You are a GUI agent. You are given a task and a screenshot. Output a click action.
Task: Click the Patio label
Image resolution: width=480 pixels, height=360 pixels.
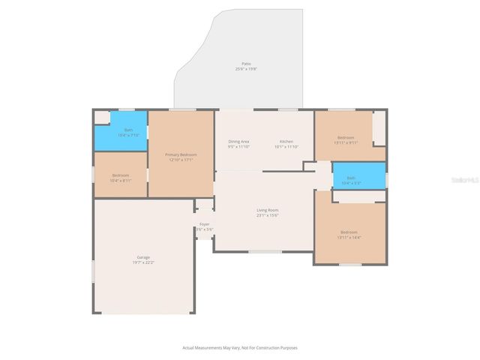tap(246, 64)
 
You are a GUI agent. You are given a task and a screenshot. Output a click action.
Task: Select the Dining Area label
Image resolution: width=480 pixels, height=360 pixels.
tap(238, 142)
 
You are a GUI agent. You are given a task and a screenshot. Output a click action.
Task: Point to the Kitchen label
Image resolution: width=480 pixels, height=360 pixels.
tap(286, 142)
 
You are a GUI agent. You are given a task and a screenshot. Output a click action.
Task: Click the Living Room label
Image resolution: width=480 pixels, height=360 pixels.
tap(268, 210)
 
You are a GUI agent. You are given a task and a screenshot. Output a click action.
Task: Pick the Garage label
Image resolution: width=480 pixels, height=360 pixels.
tap(143, 257)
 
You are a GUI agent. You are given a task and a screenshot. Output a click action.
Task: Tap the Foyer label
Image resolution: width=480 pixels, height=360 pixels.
tap(204, 224)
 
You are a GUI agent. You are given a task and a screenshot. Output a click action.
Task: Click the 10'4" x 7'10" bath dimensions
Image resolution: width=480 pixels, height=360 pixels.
tap(129, 136)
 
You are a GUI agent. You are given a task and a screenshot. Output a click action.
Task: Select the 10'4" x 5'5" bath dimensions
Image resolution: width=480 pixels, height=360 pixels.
tap(351, 183)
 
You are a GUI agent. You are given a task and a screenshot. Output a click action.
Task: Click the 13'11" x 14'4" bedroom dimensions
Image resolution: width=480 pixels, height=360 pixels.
tap(349, 237)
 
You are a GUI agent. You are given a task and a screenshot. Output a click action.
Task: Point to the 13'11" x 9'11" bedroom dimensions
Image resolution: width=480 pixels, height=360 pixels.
tap(345, 142)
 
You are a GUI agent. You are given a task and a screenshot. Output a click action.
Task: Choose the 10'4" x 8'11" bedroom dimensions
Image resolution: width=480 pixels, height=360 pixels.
tap(121, 181)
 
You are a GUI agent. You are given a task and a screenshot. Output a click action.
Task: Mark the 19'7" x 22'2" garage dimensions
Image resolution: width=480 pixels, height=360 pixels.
tap(143, 262)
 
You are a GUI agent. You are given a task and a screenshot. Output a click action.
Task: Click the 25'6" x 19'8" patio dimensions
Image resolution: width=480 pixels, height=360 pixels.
tap(246, 69)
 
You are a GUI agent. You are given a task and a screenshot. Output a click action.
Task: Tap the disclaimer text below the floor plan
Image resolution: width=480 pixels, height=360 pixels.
tap(240, 347)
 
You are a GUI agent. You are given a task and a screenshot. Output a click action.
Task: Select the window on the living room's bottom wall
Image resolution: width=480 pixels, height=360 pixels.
tap(265, 252)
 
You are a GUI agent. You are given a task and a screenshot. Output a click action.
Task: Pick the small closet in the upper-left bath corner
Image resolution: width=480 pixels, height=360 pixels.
tap(101, 117)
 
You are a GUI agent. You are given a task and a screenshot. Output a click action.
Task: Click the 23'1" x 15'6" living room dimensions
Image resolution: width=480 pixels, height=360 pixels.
tap(268, 215)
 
